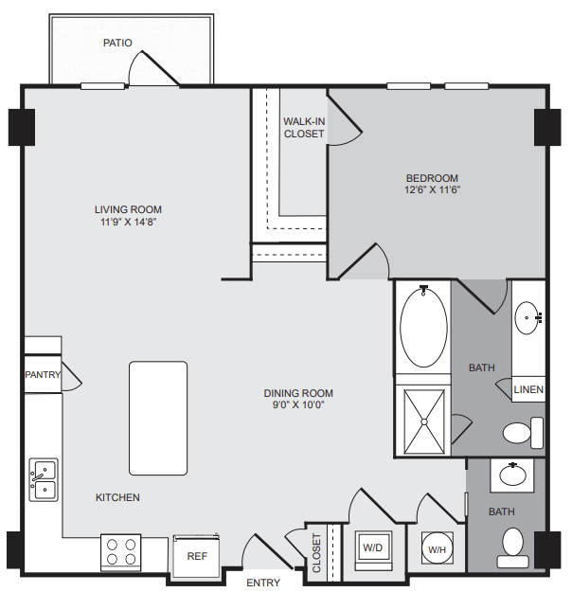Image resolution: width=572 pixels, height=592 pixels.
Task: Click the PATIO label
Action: click(117, 43)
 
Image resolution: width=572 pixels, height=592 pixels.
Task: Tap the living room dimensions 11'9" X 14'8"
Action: click(129, 222)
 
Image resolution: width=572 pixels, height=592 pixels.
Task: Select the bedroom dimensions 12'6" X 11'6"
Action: click(432, 189)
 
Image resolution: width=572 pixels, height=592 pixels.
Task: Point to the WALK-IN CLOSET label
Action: click(304, 128)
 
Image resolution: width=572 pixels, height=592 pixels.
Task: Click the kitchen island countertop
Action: click(158, 418)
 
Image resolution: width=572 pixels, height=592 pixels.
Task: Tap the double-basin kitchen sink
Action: click(44, 480)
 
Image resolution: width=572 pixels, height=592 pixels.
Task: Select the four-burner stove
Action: click(121, 552)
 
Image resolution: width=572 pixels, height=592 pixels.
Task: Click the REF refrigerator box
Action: click(196, 556)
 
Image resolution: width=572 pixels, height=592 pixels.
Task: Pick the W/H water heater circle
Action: click(437, 548)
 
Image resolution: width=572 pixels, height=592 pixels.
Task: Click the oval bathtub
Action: click(423, 328)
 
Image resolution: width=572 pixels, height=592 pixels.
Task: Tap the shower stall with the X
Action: click(424, 422)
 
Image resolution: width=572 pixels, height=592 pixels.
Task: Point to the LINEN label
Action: click(528, 389)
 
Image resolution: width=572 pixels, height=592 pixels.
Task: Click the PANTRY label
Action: click(43, 374)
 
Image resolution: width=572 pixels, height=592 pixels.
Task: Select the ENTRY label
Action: click(263, 583)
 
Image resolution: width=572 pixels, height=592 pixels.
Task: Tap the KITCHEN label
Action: click(117, 497)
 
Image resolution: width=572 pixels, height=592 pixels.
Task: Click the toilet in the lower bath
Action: click(513, 547)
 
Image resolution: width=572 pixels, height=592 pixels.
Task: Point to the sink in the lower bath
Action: click(512, 475)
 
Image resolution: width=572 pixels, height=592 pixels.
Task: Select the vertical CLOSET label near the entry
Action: click(316, 552)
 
